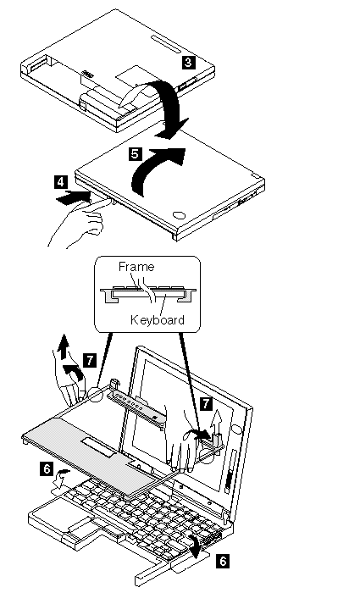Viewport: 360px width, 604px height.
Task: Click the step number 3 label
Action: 189,63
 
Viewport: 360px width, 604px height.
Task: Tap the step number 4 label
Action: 61,182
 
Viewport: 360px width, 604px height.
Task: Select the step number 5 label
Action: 136,154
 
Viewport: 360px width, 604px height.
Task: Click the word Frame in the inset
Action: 136,267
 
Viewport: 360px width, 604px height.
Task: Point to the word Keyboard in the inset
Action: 158,319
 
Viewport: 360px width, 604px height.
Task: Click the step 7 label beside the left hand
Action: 90,360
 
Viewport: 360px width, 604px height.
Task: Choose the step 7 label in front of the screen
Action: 207,404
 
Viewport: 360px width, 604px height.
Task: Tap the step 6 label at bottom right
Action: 223,561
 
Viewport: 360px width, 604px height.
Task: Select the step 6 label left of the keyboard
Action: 47,468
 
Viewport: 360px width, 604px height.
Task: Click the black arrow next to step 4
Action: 73,197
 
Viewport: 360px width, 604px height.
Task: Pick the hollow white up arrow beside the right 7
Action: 218,421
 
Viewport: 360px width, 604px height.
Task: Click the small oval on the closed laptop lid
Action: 178,215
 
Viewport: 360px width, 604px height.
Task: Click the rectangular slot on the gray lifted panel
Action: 98,447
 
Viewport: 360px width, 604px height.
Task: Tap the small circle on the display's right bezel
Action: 236,429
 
